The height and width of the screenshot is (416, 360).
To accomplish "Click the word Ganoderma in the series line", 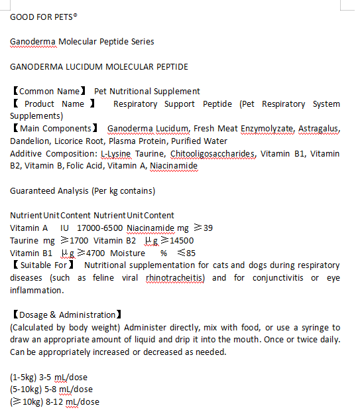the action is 32,41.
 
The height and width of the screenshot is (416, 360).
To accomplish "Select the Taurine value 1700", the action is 78,240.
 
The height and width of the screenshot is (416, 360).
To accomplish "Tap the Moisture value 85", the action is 190,253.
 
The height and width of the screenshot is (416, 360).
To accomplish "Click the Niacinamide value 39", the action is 208,228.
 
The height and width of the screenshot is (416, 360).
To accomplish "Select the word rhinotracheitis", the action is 176,277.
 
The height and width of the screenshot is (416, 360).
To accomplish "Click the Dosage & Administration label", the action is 66,314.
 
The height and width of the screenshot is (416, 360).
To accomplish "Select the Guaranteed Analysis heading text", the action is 83,191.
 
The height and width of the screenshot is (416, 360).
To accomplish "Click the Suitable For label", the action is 44,265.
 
